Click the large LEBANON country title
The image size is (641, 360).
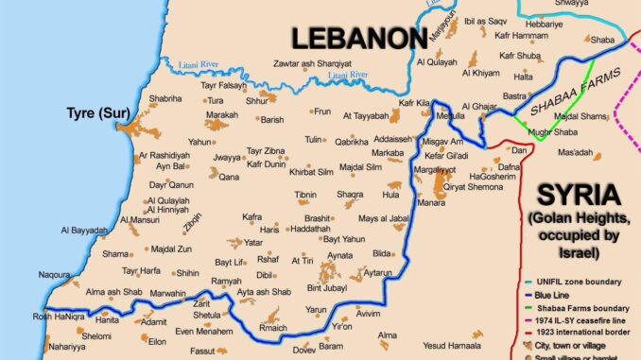[x=357, y=38]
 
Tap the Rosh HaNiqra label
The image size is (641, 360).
[x=33, y=317]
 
